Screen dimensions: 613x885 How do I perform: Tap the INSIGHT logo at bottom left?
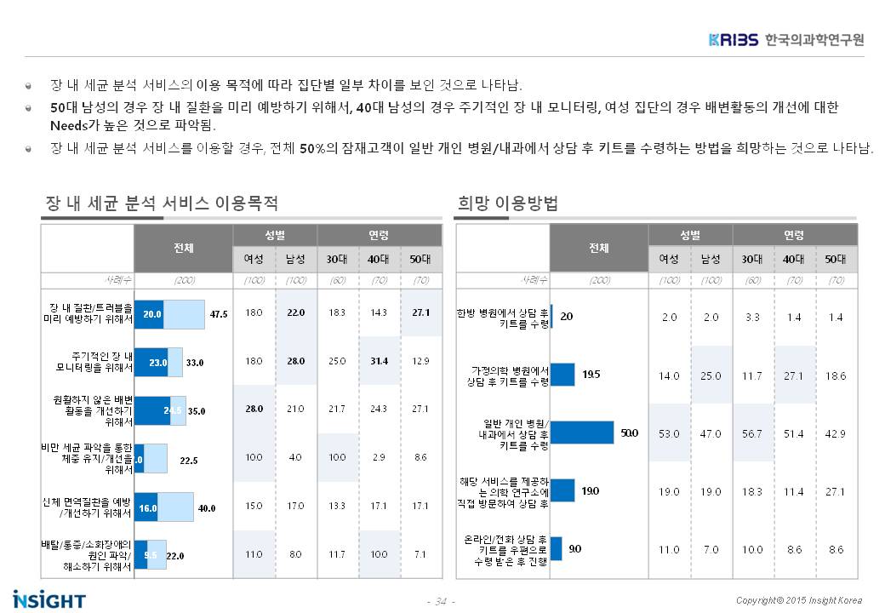point(49,599)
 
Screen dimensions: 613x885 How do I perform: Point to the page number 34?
point(441,602)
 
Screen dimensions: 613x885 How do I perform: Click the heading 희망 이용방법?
point(507,203)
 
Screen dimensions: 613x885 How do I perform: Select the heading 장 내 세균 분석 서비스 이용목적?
point(162,203)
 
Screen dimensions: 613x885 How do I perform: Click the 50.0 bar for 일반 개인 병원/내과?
point(582,433)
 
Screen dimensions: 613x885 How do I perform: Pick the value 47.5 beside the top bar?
point(218,313)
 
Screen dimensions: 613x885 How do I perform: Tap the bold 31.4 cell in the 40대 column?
point(379,361)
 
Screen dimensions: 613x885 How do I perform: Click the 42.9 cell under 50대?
point(836,433)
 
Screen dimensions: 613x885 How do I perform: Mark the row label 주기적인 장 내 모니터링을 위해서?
point(92,362)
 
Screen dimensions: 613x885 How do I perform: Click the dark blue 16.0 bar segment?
point(146,507)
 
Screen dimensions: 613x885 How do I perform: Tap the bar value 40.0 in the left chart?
point(206,507)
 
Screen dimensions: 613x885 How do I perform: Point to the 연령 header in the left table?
point(379,235)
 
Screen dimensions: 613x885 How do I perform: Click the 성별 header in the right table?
point(690,235)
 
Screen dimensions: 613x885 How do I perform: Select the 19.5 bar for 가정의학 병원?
point(562,375)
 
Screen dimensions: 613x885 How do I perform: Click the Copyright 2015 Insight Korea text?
point(799,599)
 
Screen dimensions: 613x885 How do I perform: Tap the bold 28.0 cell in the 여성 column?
point(254,410)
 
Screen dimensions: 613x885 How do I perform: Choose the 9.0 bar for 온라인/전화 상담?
point(557,549)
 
